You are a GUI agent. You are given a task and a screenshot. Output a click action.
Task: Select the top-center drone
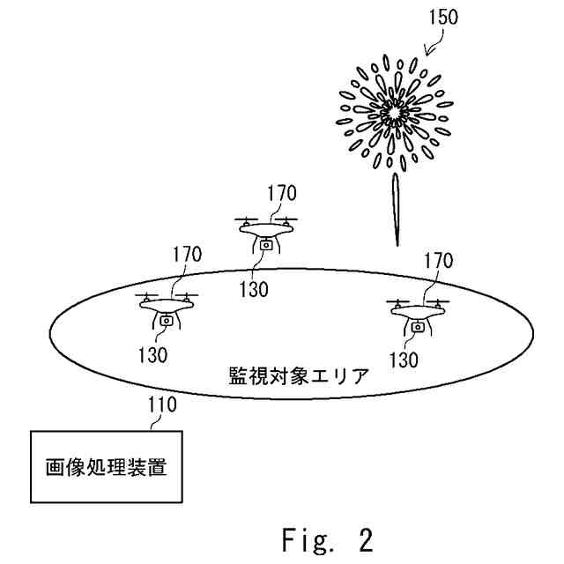tap(267, 231)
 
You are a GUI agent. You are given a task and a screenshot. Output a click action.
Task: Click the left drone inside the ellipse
tap(167, 306)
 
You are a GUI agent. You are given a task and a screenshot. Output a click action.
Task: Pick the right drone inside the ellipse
tap(419, 312)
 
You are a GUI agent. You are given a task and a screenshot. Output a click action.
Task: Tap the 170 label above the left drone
tap(186, 256)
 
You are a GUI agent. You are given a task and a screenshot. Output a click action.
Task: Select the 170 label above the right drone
tap(437, 261)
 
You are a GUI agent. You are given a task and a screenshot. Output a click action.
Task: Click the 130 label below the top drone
tap(254, 287)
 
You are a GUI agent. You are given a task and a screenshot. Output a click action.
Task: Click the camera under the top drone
tap(266, 248)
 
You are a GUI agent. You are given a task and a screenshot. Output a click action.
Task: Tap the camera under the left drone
tap(167, 322)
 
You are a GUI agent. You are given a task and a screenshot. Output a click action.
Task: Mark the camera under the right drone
tap(419, 328)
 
